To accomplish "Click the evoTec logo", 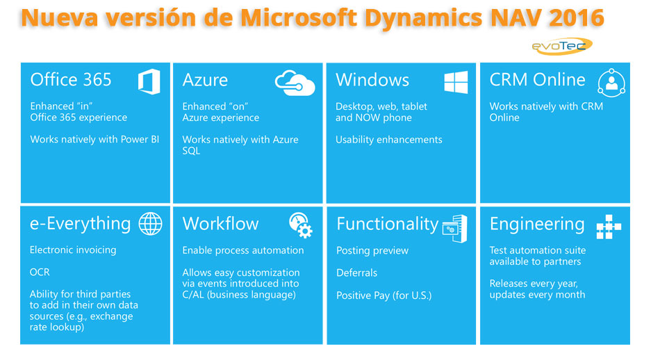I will (x=561, y=46).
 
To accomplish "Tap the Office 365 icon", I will (x=149, y=82).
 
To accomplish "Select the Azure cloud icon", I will (x=295, y=83).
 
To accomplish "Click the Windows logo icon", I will (x=456, y=82).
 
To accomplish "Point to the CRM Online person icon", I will (x=611, y=83).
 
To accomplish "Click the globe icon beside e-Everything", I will (x=150, y=224).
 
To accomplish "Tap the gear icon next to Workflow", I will (x=301, y=225).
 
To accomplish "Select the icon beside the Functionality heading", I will (x=454, y=228).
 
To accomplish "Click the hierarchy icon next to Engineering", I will (x=609, y=226).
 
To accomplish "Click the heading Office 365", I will (x=71, y=80).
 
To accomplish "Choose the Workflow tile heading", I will (x=220, y=224).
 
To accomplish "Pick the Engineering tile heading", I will (x=536, y=224).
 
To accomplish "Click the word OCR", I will (x=40, y=272).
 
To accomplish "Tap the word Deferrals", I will (x=356, y=272).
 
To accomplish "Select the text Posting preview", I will (x=372, y=250).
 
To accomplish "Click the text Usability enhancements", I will (x=388, y=140).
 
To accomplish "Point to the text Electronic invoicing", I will (x=73, y=249).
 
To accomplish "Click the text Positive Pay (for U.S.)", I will (x=384, y=295).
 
